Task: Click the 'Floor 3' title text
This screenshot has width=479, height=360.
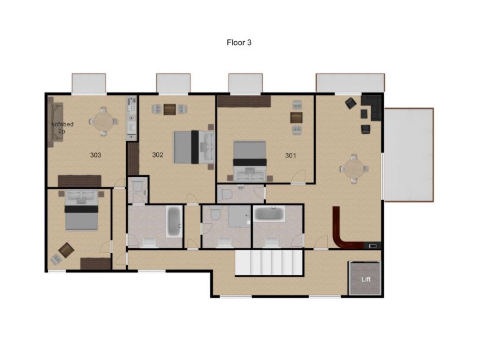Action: (x=239, y=43)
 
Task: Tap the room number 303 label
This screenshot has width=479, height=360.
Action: (x=96, y=155)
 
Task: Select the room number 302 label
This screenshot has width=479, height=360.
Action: (x=157, y=155)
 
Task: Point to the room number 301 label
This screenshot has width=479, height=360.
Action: (x=290, y=155)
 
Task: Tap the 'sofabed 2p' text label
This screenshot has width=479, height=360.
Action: (x=62, y=127)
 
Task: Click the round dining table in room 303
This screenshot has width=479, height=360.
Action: (x=102, y=121)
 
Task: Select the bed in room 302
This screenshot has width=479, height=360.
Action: (x=194, y=147)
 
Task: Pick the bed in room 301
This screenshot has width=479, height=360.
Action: (x=250, y=157)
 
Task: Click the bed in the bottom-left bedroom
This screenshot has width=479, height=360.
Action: (x=82, y=210)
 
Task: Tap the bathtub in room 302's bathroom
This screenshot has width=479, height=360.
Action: (x=174, y=222)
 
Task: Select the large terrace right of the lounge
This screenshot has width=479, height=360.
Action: (x=408, y=154)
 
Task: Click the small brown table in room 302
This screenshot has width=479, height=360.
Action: (x=170, y=109)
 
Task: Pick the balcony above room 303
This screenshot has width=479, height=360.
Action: (x=89, y=84)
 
